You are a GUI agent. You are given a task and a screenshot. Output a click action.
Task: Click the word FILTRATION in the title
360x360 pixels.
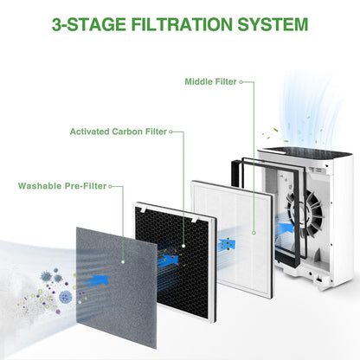point(182,24)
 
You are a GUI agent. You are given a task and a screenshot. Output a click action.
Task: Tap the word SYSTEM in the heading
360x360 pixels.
point(273,24)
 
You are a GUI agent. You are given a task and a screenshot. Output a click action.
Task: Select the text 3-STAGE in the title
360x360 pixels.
point(89,24)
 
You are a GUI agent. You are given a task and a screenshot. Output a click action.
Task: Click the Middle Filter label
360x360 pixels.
point(210,81)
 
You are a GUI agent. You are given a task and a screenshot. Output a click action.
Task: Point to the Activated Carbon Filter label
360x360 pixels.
point(119,132)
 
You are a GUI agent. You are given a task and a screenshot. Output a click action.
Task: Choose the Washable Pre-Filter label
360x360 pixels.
point(62,186)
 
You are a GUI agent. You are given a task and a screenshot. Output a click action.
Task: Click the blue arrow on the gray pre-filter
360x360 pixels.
point(97,280)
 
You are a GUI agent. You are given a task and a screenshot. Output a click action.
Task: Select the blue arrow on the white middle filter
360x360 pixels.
point(227,245)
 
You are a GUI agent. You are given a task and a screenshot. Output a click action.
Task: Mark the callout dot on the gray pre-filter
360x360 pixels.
point(123,262)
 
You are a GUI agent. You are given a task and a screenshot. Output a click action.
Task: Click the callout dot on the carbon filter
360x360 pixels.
point(183,246)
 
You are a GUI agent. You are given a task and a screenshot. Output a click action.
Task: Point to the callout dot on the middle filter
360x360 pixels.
point(254,233)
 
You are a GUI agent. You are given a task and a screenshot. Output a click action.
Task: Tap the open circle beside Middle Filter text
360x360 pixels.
point(241,82)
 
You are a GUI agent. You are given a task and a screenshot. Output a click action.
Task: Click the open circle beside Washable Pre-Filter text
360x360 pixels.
point(110,186)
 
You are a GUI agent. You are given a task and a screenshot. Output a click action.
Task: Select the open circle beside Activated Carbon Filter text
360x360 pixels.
point(170,132)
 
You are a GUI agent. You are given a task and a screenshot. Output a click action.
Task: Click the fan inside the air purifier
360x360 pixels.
point(305,213)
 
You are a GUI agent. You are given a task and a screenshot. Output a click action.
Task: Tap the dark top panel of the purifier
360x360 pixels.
point(305,152)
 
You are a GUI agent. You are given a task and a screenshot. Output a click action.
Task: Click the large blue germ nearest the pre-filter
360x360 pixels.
point(66,297)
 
